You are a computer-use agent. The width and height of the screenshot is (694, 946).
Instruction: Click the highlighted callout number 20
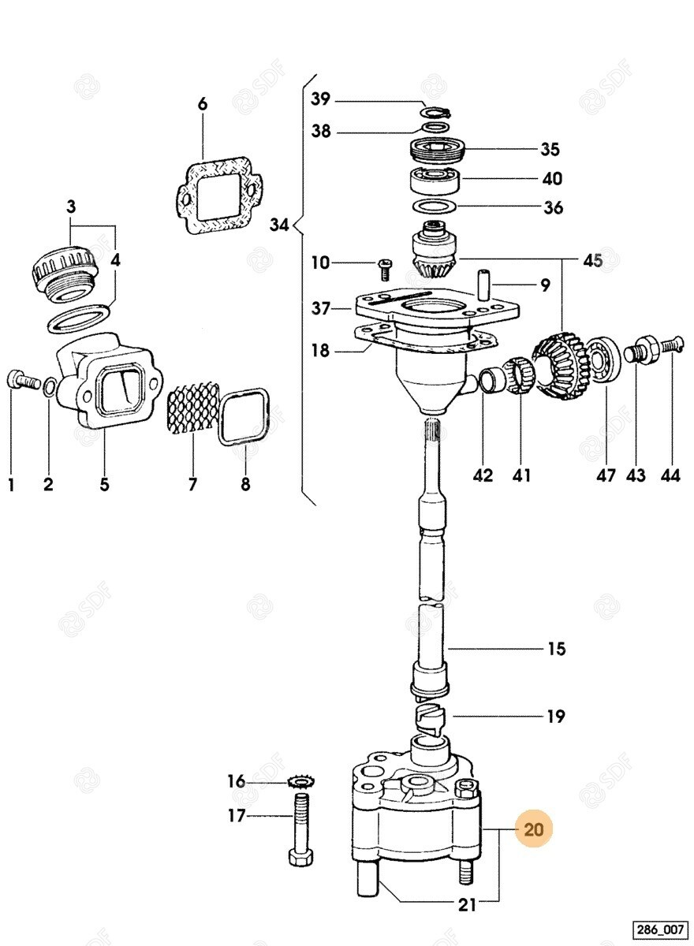point(534,829)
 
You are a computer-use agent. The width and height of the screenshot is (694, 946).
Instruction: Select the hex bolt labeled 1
point(22,382)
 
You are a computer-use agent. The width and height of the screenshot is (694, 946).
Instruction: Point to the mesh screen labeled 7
point(192,408)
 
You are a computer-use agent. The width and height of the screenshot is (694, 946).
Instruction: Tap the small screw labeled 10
point(385,268)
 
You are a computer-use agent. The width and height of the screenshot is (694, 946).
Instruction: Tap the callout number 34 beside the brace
point(280,225)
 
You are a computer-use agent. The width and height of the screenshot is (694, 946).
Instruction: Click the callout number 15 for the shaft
point(557,649)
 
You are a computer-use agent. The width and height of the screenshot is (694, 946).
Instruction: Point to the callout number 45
point(591,260)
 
